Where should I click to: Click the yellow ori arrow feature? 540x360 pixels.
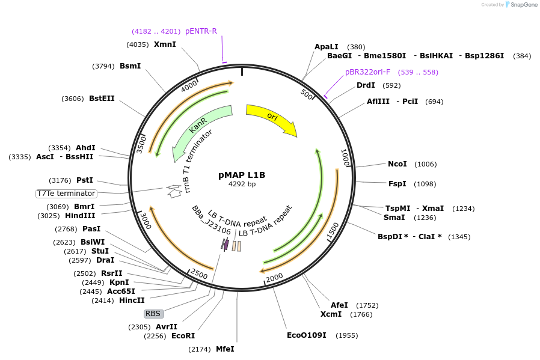[x=272, y=117]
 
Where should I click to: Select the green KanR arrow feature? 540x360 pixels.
[x=199, y=129]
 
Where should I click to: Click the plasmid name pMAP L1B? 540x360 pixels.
[x=242, y=175]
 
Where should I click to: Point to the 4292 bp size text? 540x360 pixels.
[x=242, y=184]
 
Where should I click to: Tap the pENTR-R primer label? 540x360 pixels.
[x=201, y=31]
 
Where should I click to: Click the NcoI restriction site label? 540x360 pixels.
[x=397, y=164]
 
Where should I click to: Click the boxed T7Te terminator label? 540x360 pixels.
[x=66, y=194]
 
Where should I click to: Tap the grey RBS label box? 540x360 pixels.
[x=153, y=313]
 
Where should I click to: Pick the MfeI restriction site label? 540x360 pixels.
[x=225, y=349]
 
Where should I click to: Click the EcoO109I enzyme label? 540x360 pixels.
[x=307, y=335]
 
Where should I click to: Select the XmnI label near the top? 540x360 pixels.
[x=165, y=44]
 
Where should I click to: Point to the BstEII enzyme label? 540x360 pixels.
[x=102, y=98]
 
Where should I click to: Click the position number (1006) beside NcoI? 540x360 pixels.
[x=426, y=164]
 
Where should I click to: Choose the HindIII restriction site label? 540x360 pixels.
[x=80, y=216]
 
